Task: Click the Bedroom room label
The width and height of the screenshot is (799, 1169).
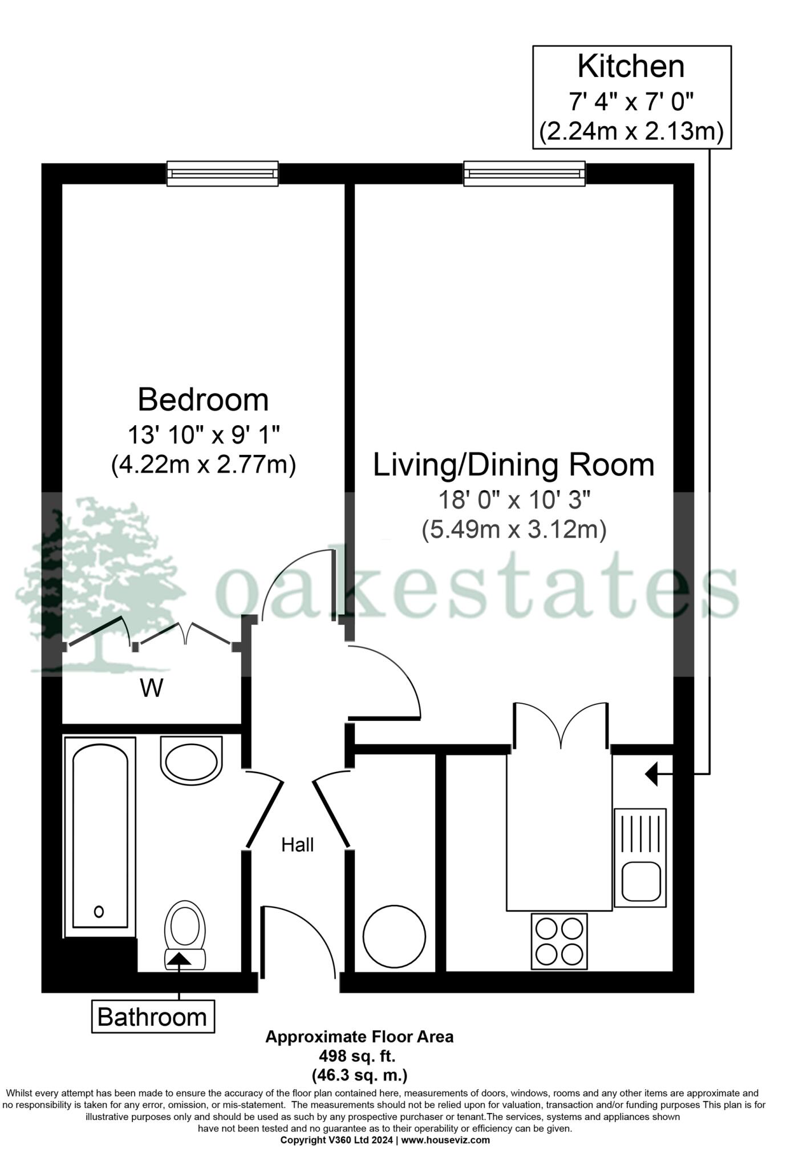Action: (x=203, y=400)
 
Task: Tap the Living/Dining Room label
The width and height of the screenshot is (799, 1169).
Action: (x=513, y=465)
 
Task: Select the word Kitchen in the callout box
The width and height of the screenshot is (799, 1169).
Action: (x=631, y=67)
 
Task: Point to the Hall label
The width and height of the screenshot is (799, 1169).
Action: (x=297, y=845)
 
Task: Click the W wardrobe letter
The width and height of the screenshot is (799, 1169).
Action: (x=152, y=688)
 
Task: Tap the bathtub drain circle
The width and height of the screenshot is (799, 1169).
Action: (x=99, y=912)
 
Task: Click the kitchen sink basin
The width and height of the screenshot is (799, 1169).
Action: (x=641, y=881)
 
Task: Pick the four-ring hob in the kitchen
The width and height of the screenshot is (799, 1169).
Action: (x=559, y=941)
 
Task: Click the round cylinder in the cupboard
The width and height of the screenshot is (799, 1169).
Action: (x=395, y=935)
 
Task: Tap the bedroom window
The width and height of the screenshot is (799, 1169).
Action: (x=222, y=174)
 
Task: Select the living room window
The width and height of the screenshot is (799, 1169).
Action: (x=524, y=174)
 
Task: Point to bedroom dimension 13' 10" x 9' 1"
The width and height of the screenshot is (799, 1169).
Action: (x=203, y=436)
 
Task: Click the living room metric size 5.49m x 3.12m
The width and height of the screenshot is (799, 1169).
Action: (x=513, y=530)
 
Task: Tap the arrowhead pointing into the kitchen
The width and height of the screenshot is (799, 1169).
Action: (x=652, y=774)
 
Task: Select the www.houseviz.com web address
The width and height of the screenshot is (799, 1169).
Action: (x=445, y=1140)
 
